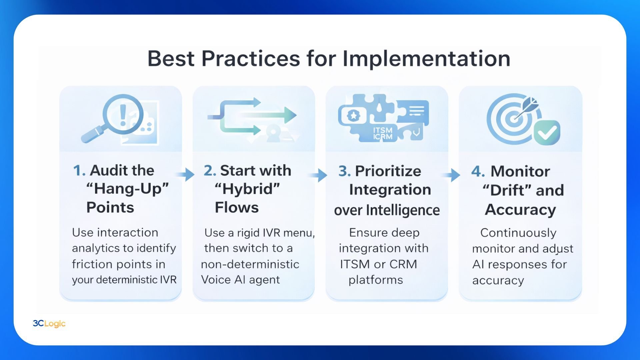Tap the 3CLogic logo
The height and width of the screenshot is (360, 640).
pyautogui.click(x=49, y=323)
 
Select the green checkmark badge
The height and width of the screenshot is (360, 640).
pyautogui.click(x=547, y=132)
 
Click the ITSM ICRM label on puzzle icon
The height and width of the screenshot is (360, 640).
pyautogui.click(x=383, y=133)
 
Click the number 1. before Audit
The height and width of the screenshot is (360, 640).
pyautogui.click(x=79, y=171)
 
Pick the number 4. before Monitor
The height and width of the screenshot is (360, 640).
pyautogui.click(x=478, y=171)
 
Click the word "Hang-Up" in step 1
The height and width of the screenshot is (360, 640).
pyautogui.click(x=128, y=189)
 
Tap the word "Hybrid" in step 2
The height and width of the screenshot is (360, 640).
pyautogui.click(x=247, y=189)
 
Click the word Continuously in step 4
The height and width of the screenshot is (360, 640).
pyautogui.click(x=518, y=233)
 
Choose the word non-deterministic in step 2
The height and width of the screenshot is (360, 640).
pyautogui.click(x=250, y=264)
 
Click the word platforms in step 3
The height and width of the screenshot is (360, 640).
pyautogui.click(x=376, y=280)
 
